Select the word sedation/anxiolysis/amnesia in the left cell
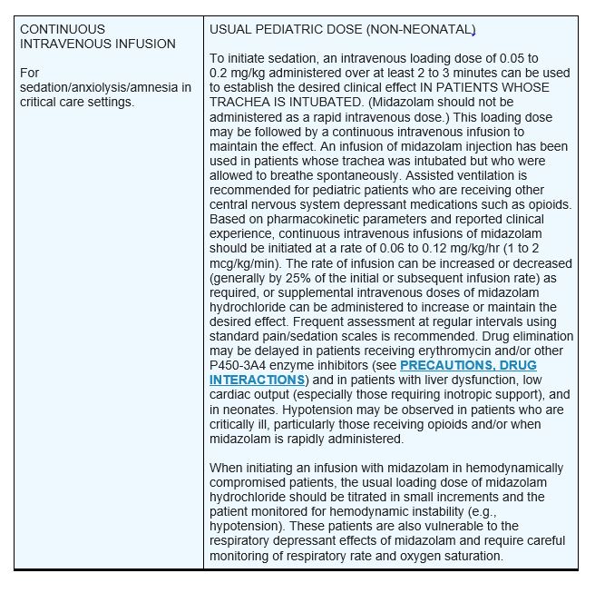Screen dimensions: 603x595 [105, 87]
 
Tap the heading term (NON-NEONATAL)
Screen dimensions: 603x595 [427, 30]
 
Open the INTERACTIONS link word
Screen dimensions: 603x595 [257, 379]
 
